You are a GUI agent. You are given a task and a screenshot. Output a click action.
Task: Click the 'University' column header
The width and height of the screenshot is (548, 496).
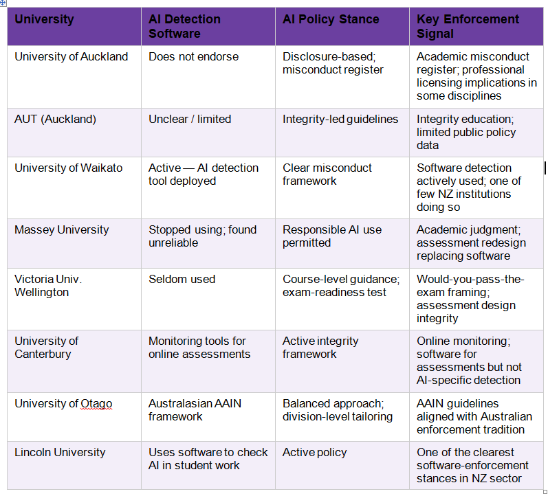[44, 19]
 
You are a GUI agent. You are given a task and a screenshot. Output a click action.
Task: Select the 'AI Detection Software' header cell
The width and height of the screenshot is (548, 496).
[184, 26]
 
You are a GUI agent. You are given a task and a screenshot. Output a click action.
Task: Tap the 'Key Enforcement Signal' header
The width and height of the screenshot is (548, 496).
[468, 26]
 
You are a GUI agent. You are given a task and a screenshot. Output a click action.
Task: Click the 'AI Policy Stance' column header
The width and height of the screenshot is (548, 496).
[331, 19]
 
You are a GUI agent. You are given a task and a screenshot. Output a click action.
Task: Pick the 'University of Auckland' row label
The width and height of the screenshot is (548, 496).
[72, 56]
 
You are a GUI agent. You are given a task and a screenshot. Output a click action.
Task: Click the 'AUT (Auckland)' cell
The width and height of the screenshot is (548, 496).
[55, 119]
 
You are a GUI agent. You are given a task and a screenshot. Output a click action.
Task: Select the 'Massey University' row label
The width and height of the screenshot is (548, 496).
[61, 230]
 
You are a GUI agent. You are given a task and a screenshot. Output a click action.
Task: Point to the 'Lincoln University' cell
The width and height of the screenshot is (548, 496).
[60, 452]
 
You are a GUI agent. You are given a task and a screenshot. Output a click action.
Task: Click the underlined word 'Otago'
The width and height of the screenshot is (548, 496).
[96, 404]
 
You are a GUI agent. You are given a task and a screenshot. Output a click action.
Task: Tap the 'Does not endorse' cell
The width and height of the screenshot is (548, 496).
[194, 56]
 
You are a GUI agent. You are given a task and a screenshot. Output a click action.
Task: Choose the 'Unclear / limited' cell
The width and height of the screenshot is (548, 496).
[190, 119]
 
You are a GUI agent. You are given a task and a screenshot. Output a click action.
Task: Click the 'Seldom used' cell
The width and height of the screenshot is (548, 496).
[182, 279]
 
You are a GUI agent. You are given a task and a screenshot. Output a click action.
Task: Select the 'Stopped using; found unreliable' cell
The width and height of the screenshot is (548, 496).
[202, 236]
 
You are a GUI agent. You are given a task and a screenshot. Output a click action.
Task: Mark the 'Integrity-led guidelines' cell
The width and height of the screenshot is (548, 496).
[340, 119]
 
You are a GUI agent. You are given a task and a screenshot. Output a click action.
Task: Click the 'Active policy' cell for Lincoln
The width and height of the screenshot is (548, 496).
[314, 452]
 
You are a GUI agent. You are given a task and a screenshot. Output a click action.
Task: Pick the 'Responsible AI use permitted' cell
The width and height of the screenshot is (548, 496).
[332, 236]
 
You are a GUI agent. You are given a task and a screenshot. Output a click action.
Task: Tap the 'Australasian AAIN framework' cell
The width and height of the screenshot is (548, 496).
[195, 410]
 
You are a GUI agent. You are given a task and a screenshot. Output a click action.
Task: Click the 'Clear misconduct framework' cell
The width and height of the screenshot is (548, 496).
[327, 174]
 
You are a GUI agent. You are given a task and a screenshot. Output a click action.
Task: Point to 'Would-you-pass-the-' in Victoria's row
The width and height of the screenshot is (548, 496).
[470, 279]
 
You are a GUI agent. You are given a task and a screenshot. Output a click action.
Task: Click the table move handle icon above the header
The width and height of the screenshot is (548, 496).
[3, 3]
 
